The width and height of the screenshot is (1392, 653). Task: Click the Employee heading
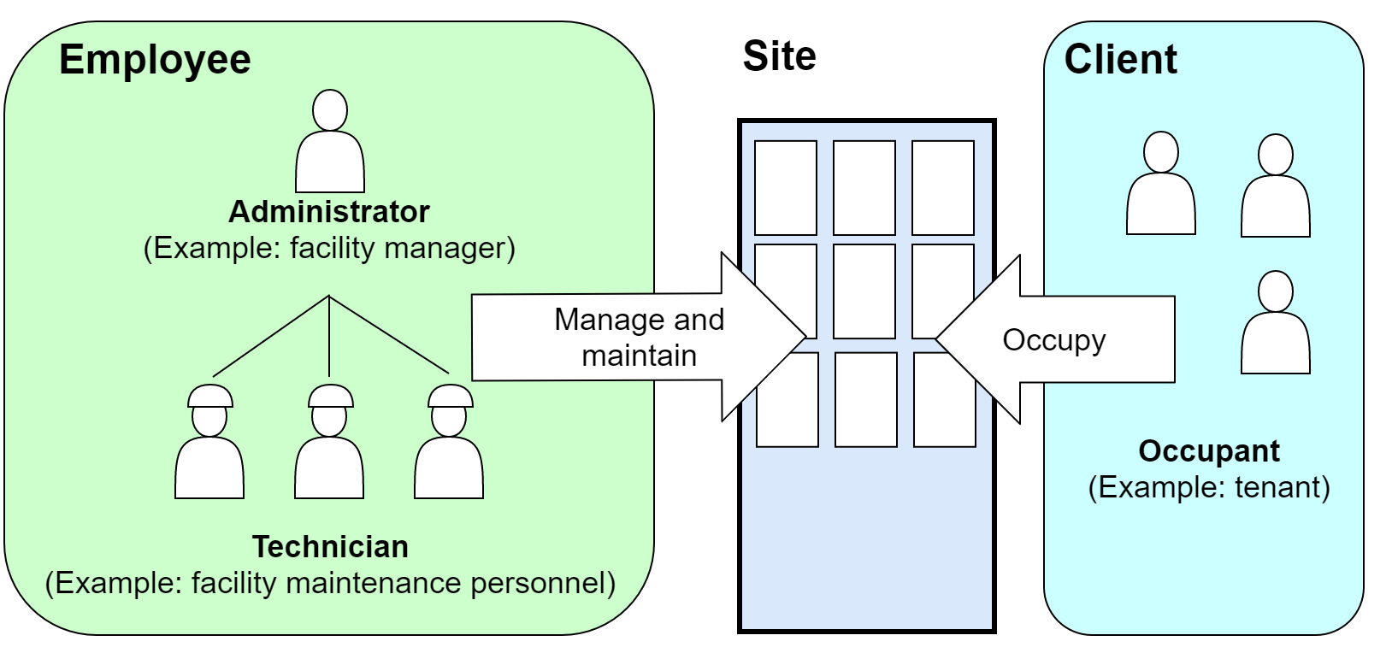point(155,60)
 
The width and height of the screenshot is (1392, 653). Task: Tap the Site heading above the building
point(779,56)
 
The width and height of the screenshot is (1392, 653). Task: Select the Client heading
point(1120,60)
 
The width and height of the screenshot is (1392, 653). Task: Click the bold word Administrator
point(329,211)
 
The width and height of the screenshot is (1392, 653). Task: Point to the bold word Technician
point(330,546)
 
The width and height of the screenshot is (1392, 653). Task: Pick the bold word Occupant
point(1209,450)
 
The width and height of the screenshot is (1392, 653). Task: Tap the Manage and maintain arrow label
point(639,337)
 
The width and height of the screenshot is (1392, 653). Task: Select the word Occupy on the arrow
point(1053,340)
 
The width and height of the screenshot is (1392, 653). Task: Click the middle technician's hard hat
point(330,397)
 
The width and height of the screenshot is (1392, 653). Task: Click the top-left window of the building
point(786,188)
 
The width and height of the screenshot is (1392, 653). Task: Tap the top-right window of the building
point(943,188)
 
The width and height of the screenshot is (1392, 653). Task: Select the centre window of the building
point(864,291)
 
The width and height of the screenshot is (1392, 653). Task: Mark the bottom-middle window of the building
point(865,399)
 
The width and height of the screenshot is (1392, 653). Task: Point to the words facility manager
point(402,248)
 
